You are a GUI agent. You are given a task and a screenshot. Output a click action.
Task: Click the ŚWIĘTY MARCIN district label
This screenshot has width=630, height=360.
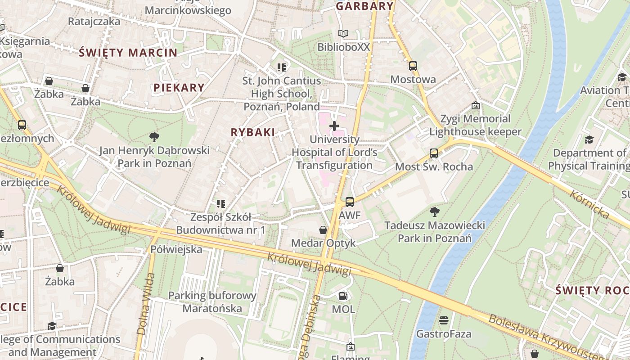[128, 53]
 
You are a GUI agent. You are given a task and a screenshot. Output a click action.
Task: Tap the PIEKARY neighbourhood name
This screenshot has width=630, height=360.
[179, 88]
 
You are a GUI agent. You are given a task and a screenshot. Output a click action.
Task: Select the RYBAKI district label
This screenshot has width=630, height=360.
[252, 132]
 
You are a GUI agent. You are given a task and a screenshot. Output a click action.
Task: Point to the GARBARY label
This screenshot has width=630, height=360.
[365, 6]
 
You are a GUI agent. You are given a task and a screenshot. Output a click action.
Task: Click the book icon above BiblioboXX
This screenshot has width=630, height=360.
[343, 34]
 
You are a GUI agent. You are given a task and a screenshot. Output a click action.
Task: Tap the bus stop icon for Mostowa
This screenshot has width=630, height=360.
[413, 66]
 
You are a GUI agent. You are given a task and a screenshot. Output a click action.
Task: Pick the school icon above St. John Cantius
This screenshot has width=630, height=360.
[282, 67]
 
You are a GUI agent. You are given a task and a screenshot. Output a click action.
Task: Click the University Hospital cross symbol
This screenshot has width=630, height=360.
[334, 126]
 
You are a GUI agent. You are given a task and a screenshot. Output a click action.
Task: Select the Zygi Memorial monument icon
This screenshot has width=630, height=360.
[475, 106]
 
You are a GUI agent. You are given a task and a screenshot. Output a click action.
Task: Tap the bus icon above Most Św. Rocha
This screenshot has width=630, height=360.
[434, 153]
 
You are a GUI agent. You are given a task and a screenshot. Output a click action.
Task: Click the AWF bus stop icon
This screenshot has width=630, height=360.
[350, 202]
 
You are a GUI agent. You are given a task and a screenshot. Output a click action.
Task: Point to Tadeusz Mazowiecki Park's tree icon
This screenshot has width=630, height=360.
[434, 211]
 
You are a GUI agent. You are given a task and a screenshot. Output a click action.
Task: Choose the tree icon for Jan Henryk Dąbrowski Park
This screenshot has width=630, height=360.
[154, 137]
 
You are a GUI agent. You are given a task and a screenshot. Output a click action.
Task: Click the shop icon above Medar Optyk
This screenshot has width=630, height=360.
[323, 230]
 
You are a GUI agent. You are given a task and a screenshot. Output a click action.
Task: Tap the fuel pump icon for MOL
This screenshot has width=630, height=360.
[343, 296]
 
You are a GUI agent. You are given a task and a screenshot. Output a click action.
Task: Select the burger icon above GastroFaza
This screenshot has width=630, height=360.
[444, 320]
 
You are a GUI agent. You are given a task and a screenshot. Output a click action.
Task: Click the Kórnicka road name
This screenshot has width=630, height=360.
[589, 204]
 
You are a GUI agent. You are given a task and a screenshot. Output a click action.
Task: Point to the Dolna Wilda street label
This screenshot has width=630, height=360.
[145, 303]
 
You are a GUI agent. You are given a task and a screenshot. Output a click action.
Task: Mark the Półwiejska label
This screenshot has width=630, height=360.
[176, 249]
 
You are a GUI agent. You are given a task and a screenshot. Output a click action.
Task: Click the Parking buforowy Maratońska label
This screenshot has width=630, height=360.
[212, 302]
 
